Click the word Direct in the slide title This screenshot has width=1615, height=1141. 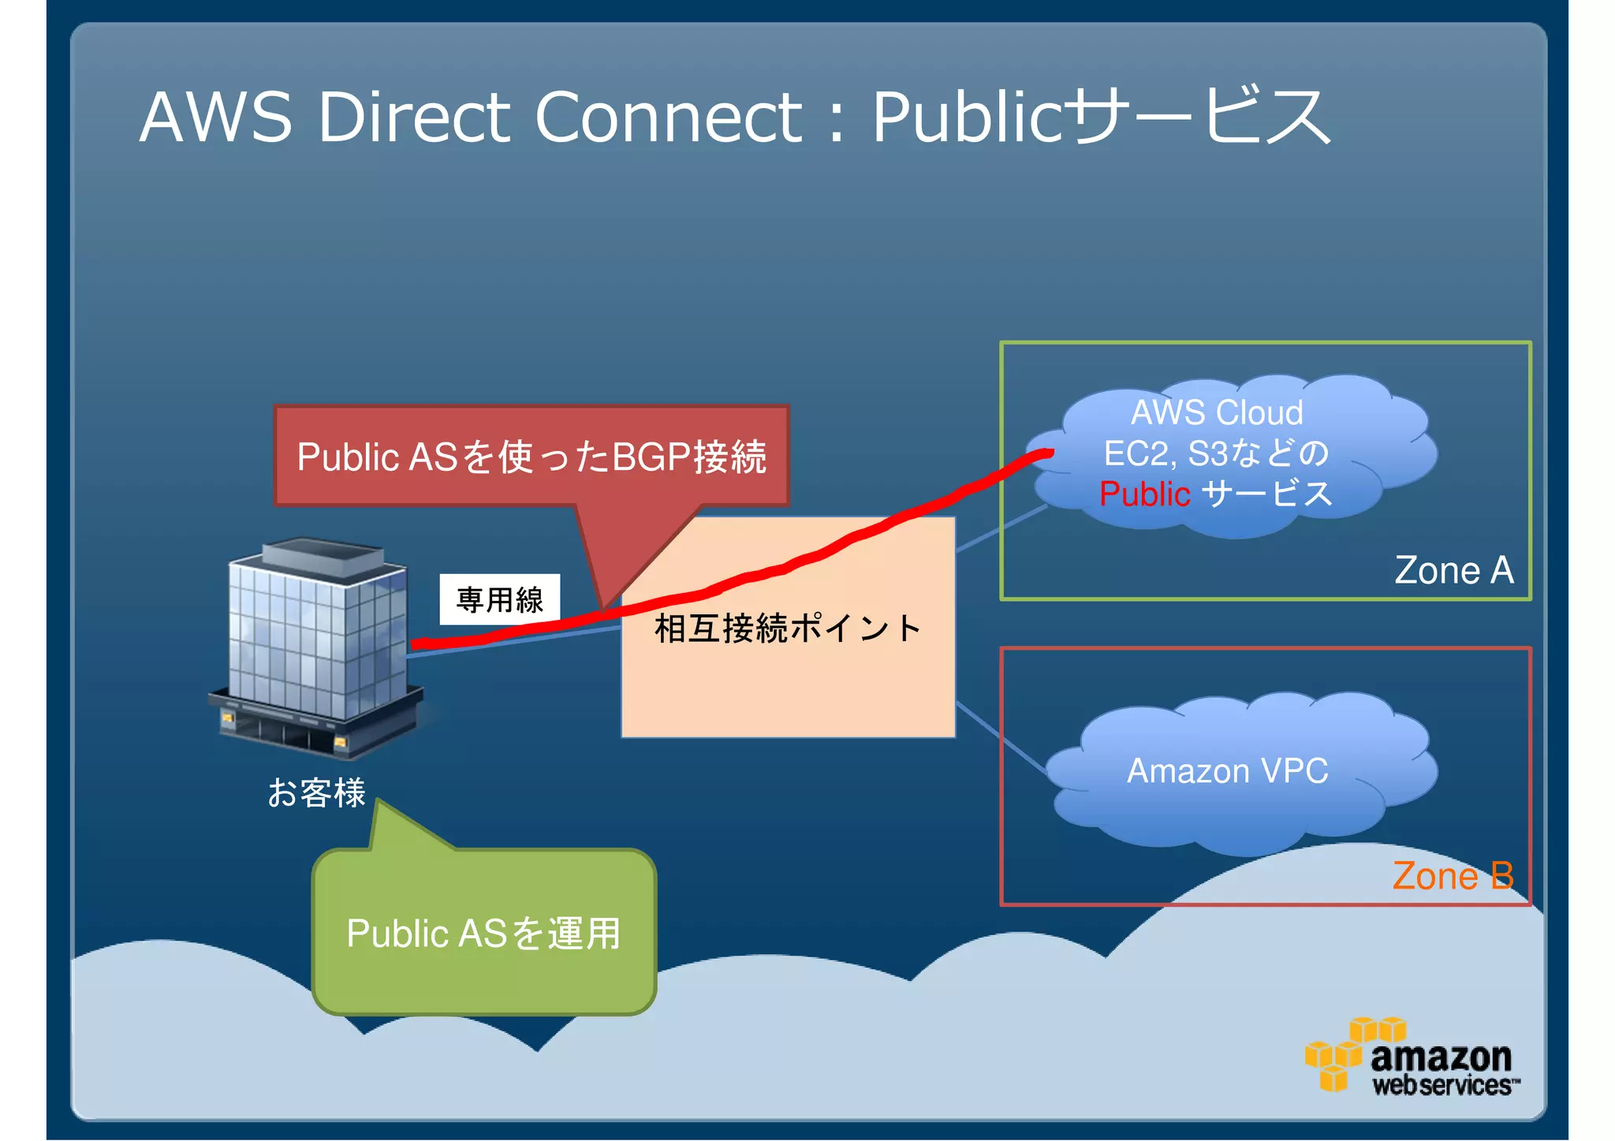coord(413,117)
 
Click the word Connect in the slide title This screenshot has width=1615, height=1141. coord(669,117)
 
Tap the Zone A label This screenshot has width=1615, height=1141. coord(1453,570)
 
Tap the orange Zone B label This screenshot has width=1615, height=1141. coord(1453,876)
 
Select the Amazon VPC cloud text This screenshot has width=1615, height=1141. coord(1227,771)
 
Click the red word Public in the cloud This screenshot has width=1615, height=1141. coord(1144,494)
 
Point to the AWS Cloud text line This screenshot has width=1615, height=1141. coord(1217,412)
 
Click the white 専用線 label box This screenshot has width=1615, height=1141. coord(500,599)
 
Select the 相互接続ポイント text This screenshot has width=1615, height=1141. coord(787,628)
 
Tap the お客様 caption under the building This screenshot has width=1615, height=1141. coord(316,792)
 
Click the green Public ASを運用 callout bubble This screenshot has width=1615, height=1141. coord(484,933)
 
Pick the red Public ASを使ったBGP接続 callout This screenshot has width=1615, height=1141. coord(531,457)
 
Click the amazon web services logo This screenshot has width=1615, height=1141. coord(1412,1059)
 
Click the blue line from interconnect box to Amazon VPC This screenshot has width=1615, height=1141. coord(1001,738)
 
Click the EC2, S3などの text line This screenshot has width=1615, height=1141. coord(1216,453)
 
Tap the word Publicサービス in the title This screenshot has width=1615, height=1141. coord(1101,117)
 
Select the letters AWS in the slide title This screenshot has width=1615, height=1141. coord(215,117)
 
